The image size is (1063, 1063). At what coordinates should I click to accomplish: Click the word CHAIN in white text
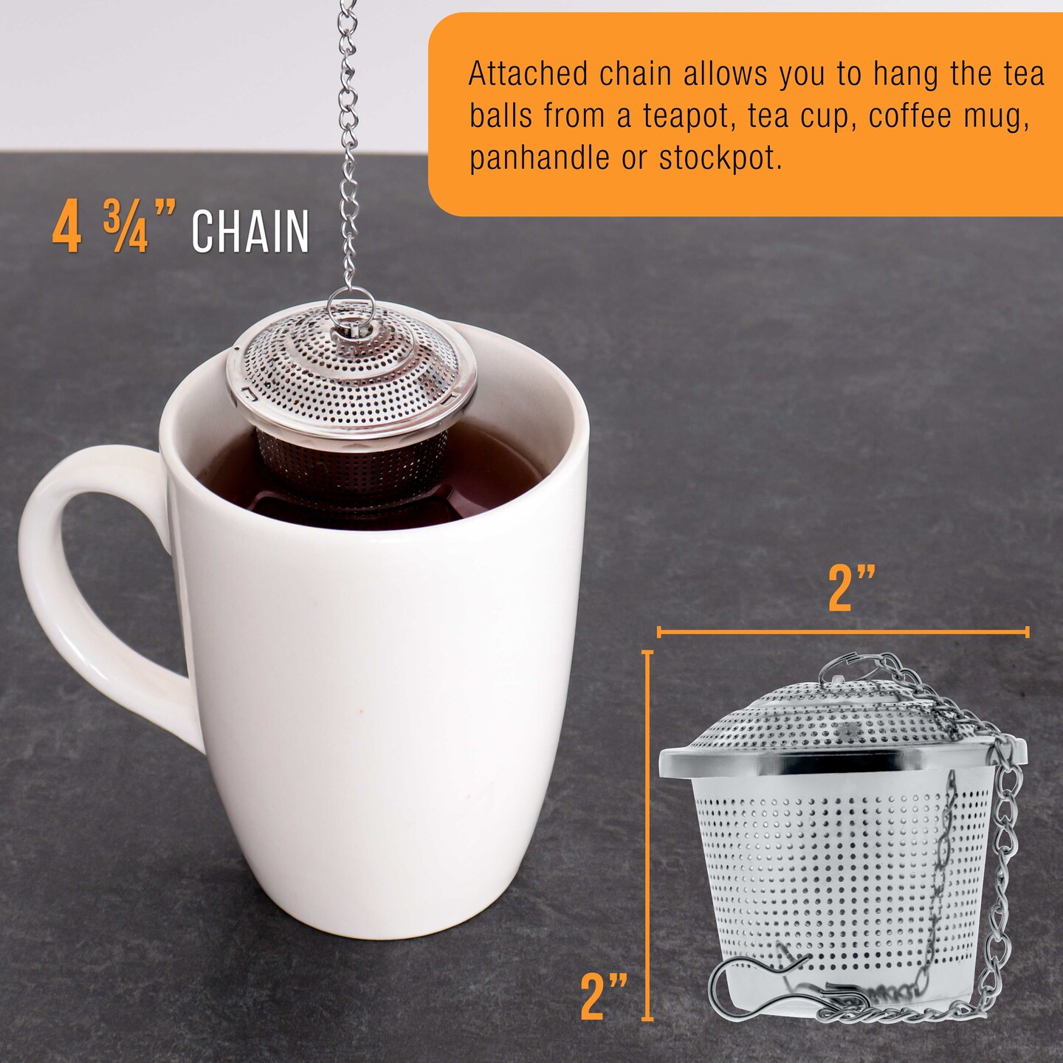(x=250, y=232)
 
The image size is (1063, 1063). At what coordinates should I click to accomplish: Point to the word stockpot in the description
(x=720, y=158)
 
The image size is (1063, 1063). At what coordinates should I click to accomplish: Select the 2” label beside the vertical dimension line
(x=604, y=997)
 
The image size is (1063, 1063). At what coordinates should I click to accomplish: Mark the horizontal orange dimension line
(x=843, y=632)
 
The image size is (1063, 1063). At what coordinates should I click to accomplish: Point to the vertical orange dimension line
(x=648, y=835)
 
